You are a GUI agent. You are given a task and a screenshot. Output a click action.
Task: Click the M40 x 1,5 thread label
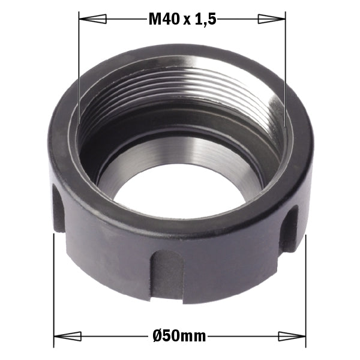pyautogui.click(x=182, y=20)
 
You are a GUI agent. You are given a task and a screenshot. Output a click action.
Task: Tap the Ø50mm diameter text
pyautogui.click(x=179, y=337)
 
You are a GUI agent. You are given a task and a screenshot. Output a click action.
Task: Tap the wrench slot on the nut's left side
pyautogui.click(x=58, y=207)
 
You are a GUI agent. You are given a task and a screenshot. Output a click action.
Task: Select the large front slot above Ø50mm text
pyautogui.click(x=166, y=273)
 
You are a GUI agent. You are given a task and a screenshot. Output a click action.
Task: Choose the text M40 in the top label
pyautogui.click(x=164, y=20)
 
